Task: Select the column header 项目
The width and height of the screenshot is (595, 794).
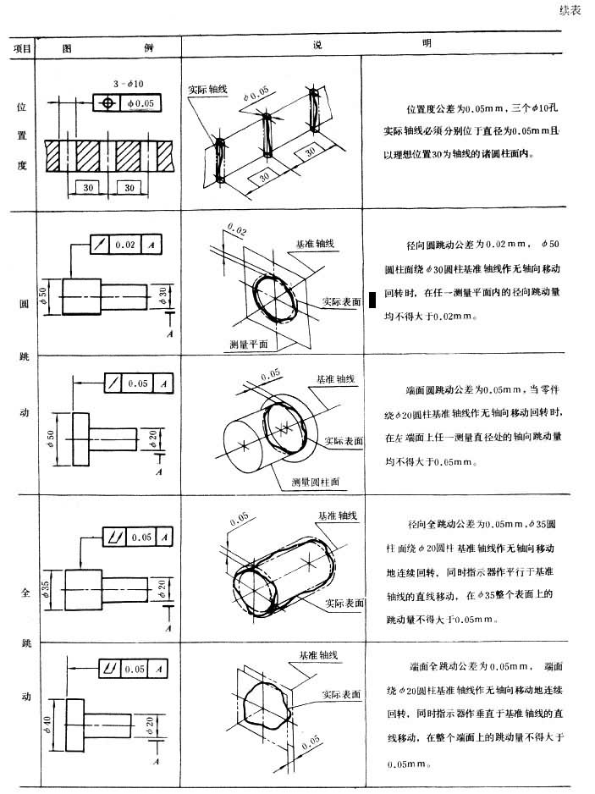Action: tap(22, 48)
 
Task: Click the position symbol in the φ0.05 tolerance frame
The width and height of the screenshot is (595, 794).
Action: tap(106, 102)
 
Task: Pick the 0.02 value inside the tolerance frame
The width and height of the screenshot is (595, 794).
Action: tap(124, 245)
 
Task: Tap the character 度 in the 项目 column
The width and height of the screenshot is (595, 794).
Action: tap(22, 166)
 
